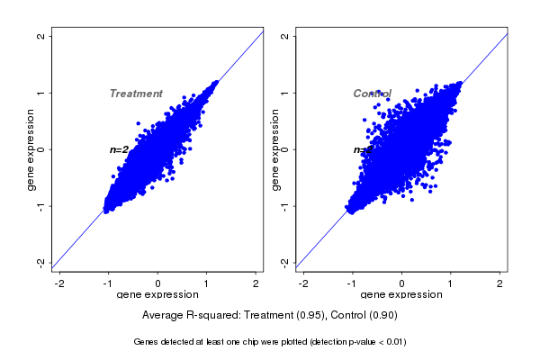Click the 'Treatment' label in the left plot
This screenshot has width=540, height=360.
tap(136, 94)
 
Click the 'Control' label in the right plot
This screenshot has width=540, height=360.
tap(372, 94)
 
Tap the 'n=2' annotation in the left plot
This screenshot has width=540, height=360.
tap(119, 149)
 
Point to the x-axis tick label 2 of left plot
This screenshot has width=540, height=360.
tap(256, 283)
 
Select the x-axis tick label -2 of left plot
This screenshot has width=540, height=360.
tap(59, 283)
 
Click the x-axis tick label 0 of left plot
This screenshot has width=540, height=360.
tap(158, 283)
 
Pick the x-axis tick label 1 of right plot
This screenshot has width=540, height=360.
tap(451, 283)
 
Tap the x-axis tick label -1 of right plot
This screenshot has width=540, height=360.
tap(353, 283)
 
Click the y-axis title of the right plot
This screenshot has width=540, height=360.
tap(274, 149)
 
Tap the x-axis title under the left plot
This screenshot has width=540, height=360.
tap(157, 294)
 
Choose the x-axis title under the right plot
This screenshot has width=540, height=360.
tap(401, 294)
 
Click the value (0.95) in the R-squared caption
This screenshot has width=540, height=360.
tap(310, 316)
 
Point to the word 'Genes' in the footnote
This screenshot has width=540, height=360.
tap(146, 342)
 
